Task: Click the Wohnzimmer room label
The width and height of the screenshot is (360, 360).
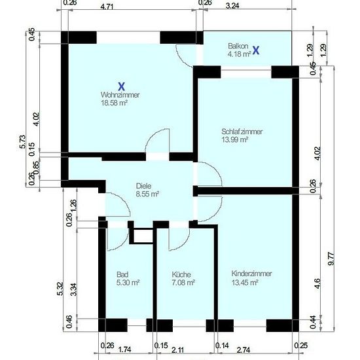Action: click(x=120, y=95)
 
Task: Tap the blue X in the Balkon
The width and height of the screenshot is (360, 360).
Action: click(x=256, y=50)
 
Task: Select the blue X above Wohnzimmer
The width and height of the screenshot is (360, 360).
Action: click(x=121, y=86)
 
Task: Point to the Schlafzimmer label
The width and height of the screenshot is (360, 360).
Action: click(x=242, y=132)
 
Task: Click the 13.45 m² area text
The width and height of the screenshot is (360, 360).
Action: click(x=245, y=282)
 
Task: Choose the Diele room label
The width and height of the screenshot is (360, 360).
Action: click(x=143, y=186)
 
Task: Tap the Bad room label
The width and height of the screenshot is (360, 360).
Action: click(x=122, y=274)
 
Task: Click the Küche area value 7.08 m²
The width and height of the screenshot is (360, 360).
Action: click(x=183, y=282)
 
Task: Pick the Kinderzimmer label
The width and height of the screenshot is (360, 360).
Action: click(x=251, y=274)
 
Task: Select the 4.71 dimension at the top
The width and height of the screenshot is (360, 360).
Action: click(x=107, y=7)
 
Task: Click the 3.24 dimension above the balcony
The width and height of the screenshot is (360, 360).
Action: click(x=232, y=6)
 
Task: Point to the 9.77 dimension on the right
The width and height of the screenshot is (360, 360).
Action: click(x=331, y=259)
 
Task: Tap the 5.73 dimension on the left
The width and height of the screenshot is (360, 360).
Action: click(x=22, y=142)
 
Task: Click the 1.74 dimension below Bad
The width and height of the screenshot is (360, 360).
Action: click(x=124, y=350)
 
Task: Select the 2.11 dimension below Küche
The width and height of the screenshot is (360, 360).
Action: click(x=177, y=350)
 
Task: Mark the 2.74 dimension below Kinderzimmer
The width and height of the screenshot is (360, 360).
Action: click(x=243, y=350)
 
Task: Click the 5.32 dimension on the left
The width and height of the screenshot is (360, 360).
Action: click(x=60, y=289)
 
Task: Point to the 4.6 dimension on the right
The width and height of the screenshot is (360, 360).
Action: click(x=317, y=283)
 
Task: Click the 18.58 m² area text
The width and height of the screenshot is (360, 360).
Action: click(x=114, y=103)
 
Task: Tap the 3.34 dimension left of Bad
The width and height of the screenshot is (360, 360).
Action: click(x=74, y=289)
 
